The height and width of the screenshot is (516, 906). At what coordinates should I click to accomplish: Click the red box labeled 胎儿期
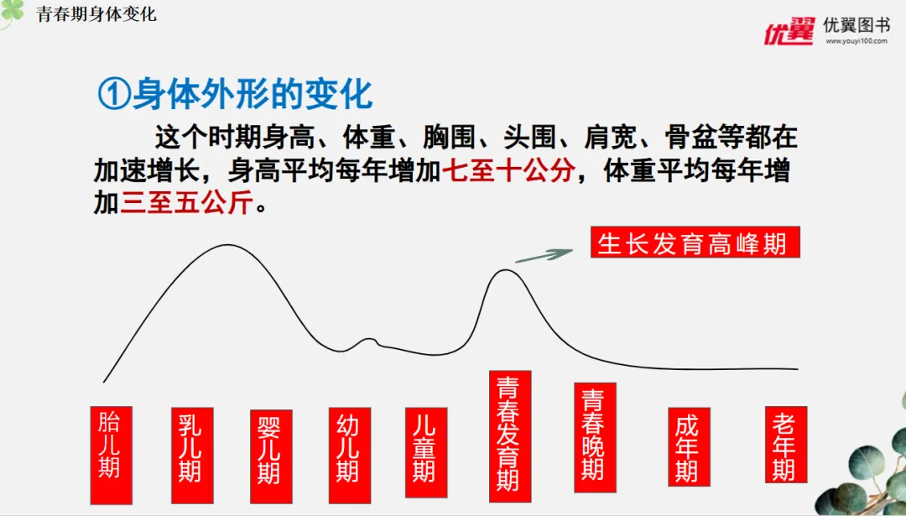pos(111,455)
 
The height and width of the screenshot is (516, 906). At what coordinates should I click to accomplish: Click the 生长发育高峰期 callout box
pos(695,242)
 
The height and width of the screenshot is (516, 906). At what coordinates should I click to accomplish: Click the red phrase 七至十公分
pos(509,171)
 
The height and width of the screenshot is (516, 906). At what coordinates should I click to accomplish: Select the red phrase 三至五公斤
pos(185,203)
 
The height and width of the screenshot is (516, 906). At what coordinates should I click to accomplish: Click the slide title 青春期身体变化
pos(96,15)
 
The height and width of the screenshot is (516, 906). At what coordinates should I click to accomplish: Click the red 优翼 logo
pos(788,31)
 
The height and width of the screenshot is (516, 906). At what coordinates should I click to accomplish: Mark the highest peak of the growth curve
pos(227,245)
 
